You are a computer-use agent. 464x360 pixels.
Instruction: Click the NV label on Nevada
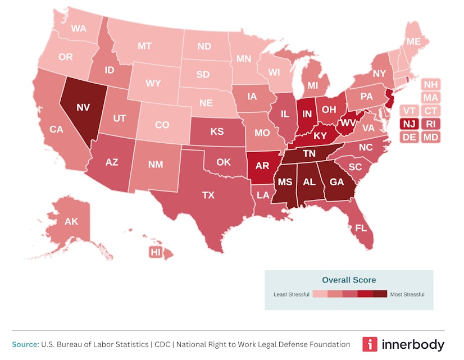tap(83, 107)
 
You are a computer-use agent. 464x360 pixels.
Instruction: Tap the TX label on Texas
tap(208, 195)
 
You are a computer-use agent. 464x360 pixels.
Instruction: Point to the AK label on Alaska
tap(71, 221)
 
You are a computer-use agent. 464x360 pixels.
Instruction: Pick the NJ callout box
tap(409, 124)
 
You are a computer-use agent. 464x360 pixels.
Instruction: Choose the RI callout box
tap(431, 124)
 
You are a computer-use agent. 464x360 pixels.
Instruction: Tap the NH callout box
tap(431, 85)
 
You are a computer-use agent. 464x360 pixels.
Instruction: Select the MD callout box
tap(431, 137)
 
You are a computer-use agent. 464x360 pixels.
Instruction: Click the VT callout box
tap(409, 111)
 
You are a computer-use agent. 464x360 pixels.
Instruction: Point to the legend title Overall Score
tap(349, 280)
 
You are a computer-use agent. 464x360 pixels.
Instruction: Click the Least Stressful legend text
tap(291, 294)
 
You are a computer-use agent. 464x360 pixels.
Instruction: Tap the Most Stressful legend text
tap(407, 294)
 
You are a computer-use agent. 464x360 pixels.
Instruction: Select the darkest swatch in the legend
tap(380, 294)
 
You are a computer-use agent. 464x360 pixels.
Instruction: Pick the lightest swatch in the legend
tap(320, 294)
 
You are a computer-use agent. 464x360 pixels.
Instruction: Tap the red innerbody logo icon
tap(370, 344)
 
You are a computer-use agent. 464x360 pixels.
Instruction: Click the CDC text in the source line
tap(160, 344)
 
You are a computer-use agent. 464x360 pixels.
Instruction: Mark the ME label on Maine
tap(413, 42)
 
